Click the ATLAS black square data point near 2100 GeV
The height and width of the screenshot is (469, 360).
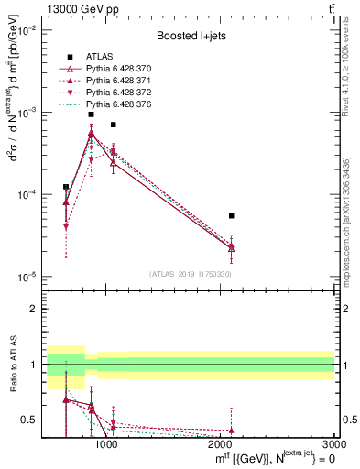tap(231, 215)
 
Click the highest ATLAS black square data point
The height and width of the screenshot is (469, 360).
tap(91, 115)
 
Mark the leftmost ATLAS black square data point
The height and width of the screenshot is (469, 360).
tap(66, 187)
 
